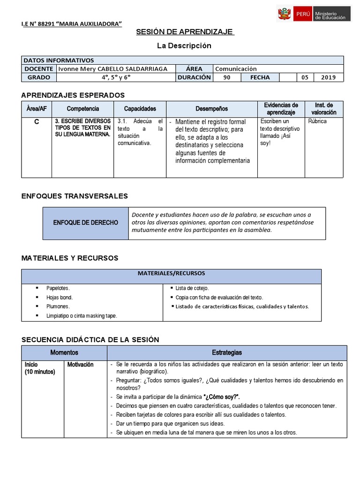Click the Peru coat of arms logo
coord(284,14)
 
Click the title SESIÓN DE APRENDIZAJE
coord(185,31)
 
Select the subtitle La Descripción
coord(184,45)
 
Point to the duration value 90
coord(227,77)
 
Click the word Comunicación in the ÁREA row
coord(236,68)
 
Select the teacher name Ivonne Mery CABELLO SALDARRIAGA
coord(112,68)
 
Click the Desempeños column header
coord(212,109)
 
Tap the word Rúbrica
coord(318,121)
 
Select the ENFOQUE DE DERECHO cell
coord(85,222)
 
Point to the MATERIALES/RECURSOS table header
coord(171,273)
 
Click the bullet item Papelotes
coord(58,288)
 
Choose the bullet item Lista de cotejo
coord(192,288)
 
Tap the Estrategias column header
coord(227,352)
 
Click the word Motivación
coord(81,364)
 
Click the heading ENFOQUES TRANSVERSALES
coord(75,196)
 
